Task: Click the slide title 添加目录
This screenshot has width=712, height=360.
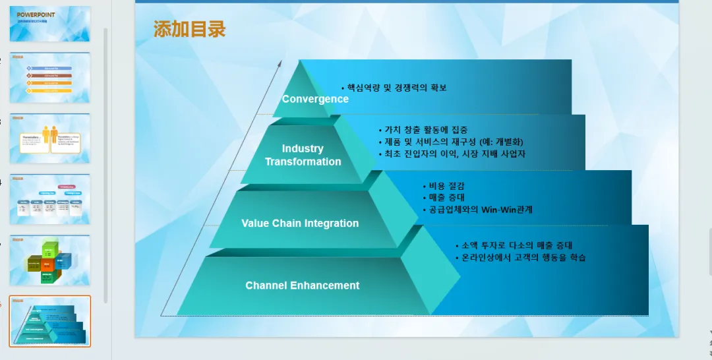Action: point(190,29)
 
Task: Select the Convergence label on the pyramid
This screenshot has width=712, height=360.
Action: point(315,99)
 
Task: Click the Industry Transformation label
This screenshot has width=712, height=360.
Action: point(303,155)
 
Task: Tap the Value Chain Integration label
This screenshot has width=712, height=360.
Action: point(300,224)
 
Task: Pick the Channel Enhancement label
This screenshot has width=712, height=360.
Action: point(302,285)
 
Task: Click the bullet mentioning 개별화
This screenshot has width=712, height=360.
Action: point(454,142)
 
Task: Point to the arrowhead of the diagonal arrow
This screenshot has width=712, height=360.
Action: point(280,63)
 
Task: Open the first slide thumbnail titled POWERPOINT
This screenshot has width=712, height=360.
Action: point(50,24)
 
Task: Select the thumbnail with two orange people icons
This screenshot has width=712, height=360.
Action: point(50,138)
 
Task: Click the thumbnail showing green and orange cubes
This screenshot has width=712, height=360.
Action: point(50,260)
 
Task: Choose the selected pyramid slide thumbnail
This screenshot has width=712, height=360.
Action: point(50,320)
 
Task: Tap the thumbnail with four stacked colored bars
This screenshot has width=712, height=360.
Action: point(50,78)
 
